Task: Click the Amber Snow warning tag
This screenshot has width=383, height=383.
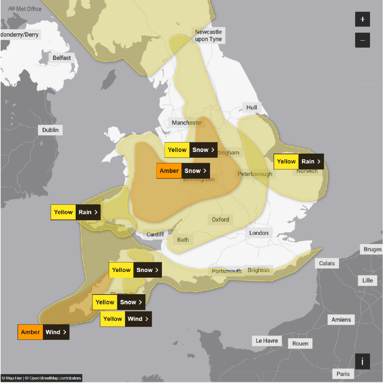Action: pyautogui.click(x=183, y=171)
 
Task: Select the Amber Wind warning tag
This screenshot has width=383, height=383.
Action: pyautogui.click(x=43, y=332)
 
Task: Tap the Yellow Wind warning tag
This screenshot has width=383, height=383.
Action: pyautogui.click(x=126, y=319)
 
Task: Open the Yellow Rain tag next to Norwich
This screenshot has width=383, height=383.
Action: pyautogui.click(x=299, y=162)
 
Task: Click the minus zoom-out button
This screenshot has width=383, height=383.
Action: pyautogui.click(x=362, y=40)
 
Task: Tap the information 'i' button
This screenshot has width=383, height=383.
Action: pyautogui.click(x=362, y=361)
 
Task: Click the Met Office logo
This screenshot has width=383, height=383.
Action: pyautogui.click(x=25, y=9)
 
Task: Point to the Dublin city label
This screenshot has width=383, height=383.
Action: pyautogui.click(x=50, y=130)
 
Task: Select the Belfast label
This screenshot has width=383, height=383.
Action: pyautogui.click(x=62, y=58)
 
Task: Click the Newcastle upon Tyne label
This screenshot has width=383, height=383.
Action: pyautogui.click(x=208, y=36)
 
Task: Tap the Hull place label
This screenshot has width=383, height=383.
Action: pyautogui.click(x=252, y=108)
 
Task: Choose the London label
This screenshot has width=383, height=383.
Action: pyautogui.click(x=259, y=233)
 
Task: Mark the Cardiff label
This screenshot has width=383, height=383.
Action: pyautogui.click(x=155, y=234)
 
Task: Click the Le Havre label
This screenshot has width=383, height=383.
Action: pyautogui.click(x=267, y=340)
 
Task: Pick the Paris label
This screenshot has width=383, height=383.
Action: pyautogui.click(x=343, y=374)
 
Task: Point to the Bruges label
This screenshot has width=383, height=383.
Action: pyautogui.click(x=372, y=249)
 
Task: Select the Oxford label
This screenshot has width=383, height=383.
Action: pyautogui.click(x=221, y=219)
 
